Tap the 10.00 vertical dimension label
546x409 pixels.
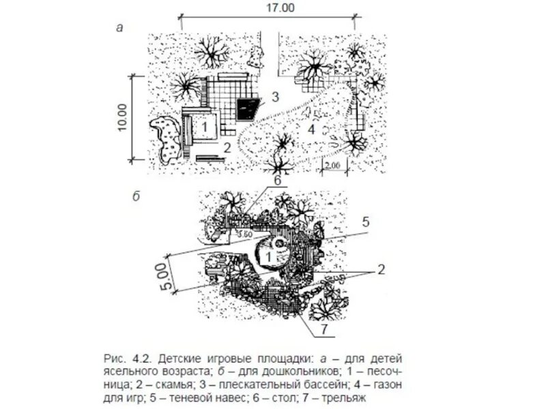(x=122, y=117)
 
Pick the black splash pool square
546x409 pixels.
(x=248, y=108)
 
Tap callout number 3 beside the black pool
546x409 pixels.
(x=274, y=97)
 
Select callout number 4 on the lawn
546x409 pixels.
(x=310, y=128)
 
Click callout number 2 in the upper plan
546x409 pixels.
(x=228, y=146)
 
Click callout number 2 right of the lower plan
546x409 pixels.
(x=381, y=269)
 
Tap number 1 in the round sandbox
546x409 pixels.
(x=269, y=256)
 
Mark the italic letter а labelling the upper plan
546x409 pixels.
(x=119, y=28)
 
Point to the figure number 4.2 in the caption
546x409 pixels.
(x=141, y=357)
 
